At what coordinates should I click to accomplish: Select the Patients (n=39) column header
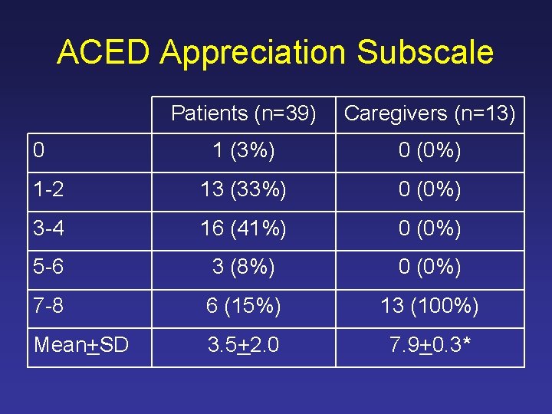pyautogui.click(x=244, y=113)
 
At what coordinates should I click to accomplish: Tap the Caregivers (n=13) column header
pyautogui.click(x=430, y=113)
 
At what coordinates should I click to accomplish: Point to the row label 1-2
pyautogui.click(x=48, y=191)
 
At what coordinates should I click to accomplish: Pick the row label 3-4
pyautogui.click(x=48, y=229)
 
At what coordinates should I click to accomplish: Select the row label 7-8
pyautogui.click(x=48, y=307)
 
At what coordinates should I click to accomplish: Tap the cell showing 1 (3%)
pyautogui.click(x=244, y=152)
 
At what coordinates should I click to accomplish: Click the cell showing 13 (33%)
pyautogui.click(x=244, y=191)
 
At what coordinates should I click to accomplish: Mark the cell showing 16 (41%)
pyautogui.click(x=244, y=229)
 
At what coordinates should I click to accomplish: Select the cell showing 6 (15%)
pyautogui.click(x=244, y=307)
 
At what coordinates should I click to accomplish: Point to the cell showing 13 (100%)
pyautogui.click(x=430, y=307)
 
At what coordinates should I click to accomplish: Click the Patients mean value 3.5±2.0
pyautogui.click(x=244, y=346)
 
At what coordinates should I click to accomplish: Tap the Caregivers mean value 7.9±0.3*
pyautogui.click(x=430, y=346)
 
